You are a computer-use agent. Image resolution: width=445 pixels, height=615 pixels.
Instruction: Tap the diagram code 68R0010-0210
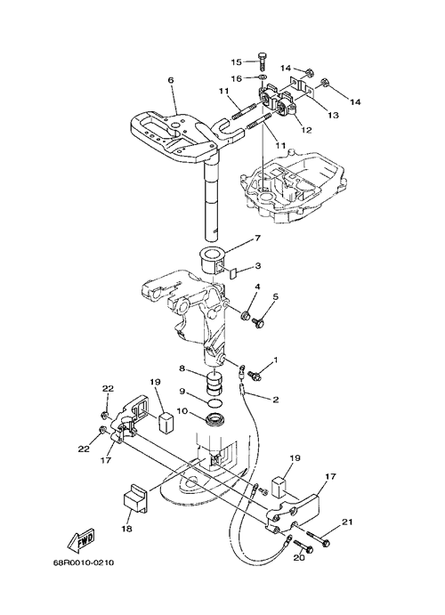[x=84, y=562]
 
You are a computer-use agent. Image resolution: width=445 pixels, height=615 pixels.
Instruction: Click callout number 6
[x=170, y=80]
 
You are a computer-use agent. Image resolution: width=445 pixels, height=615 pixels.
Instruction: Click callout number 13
[x=333, y=116]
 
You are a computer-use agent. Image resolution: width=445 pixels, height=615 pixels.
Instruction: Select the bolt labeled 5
[x=258, y=322]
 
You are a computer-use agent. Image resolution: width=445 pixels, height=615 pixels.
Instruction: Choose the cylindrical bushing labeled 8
[x=214, y=384]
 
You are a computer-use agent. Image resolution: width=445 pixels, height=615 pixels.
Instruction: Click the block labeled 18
[x=135, y=501]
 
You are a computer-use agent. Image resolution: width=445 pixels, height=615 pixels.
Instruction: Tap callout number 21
[x=347, y=522]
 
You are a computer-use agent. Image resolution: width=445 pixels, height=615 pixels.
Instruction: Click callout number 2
[x=275, y=400]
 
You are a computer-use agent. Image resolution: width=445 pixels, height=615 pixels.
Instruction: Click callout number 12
[x=306, y=130]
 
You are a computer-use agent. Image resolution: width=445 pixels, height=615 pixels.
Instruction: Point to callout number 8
[x=182, y=368]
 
